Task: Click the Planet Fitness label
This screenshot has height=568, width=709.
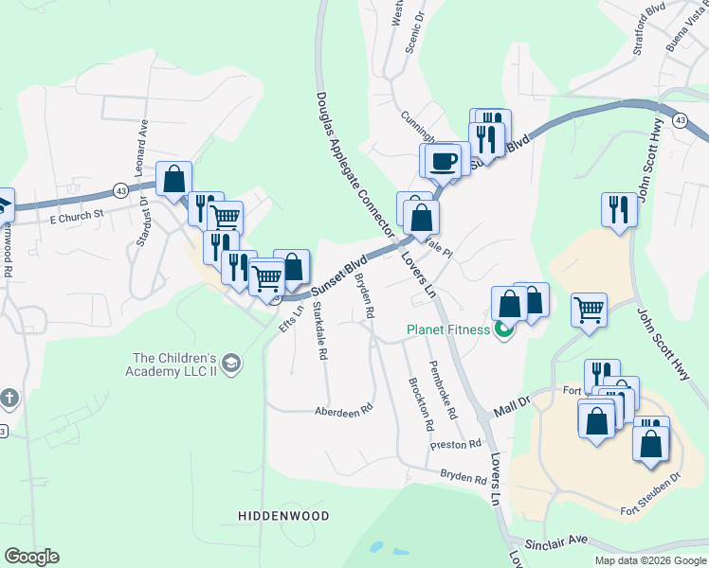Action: click(448, 329)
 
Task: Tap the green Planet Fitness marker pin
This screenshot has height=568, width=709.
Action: click(503, 330)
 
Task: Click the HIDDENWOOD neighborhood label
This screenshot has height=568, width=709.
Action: click(282, 516)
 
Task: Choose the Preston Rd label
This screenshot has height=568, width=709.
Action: click(456, 443)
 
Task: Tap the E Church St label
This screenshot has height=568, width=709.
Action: click(76, 218)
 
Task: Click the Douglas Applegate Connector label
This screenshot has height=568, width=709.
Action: click(353, 161)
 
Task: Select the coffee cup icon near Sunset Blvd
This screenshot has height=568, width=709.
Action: click(443, 160)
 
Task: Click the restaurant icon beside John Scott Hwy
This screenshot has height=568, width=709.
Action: click(619, 207)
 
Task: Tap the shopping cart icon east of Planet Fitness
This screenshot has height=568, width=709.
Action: click(589, 309)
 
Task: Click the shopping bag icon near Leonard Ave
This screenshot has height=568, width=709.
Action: click(174, 178)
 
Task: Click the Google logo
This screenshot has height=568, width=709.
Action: click(31, 557)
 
